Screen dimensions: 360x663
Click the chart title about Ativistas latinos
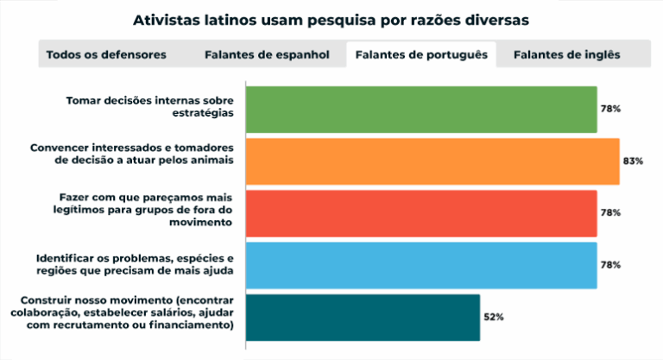(331, 17)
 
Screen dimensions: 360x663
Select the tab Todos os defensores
(106, 54)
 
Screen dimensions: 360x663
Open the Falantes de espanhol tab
(267, 54)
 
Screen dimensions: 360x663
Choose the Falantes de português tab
(421, 54)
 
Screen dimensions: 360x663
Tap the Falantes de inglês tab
(566, 54)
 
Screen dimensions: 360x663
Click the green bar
(421, 110)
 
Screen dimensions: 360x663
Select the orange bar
(433, 161)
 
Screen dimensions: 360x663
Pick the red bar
(421, 213)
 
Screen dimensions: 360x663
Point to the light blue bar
(421, 265)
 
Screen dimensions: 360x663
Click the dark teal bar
(363, 317)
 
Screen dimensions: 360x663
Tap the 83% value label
(633, 161)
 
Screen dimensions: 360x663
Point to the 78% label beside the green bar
(610, 110)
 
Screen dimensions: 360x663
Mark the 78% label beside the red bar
(610, 213)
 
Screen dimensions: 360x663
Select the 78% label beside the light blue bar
(610, 265)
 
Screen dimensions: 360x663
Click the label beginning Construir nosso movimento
(126, 313)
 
